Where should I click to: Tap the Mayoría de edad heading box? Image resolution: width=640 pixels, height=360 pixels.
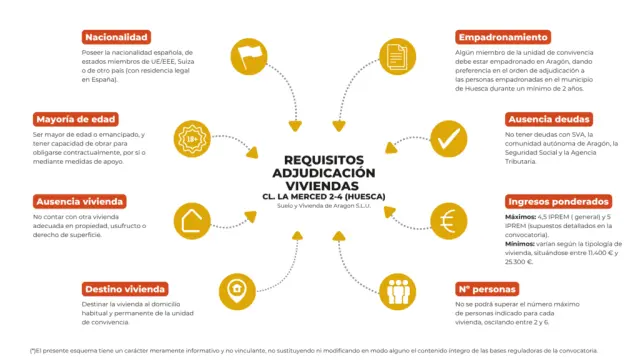tap(74, 119)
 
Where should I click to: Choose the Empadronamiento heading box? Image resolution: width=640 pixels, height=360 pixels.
tap(503, 36)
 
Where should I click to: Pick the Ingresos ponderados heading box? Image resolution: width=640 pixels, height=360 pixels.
tap(559, 201)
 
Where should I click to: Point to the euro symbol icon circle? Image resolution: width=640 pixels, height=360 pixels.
tap(446, 220)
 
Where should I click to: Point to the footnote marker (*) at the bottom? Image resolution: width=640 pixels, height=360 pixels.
tap(33, 350)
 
